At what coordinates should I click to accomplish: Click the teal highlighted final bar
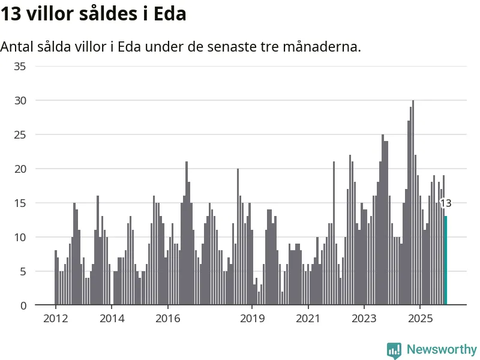(x=445, y=260)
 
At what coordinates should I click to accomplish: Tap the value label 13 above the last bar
(x=446, y=203)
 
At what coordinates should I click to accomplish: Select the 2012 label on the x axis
(x=55, y=318)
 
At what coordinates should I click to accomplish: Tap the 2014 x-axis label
(x=112, y=318)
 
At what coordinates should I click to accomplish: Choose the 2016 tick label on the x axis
(x=168, y=318)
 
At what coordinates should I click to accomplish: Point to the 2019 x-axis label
(x=252, y=318)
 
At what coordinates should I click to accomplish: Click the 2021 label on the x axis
(x=308, y=318)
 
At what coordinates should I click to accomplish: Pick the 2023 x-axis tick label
(x=364, y=318)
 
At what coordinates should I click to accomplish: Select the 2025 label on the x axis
(x=420, y=318)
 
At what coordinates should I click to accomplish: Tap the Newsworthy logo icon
(x=394, y=350)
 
